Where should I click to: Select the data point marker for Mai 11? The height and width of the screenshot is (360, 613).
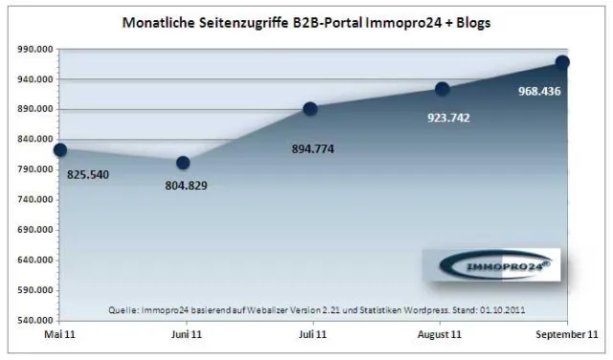(59, 150)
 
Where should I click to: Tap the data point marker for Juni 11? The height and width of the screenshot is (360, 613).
(183, 163)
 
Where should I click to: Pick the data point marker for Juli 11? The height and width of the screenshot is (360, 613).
(310, 109)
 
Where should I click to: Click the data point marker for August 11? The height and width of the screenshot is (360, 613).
(442, 89)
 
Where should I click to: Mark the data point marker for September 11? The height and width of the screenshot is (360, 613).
(562, 62)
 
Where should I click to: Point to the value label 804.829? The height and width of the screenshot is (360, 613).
(188, 187)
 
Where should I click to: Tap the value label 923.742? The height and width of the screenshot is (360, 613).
(446, 118)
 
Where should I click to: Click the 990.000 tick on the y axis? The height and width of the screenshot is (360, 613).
(33, 49)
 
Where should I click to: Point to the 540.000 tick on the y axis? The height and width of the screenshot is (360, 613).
(33, 320)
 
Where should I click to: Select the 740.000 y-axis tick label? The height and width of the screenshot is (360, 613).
(33, 199)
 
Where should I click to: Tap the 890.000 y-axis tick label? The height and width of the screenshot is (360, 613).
(33, 109)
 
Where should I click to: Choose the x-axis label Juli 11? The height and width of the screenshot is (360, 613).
(310, 334)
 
